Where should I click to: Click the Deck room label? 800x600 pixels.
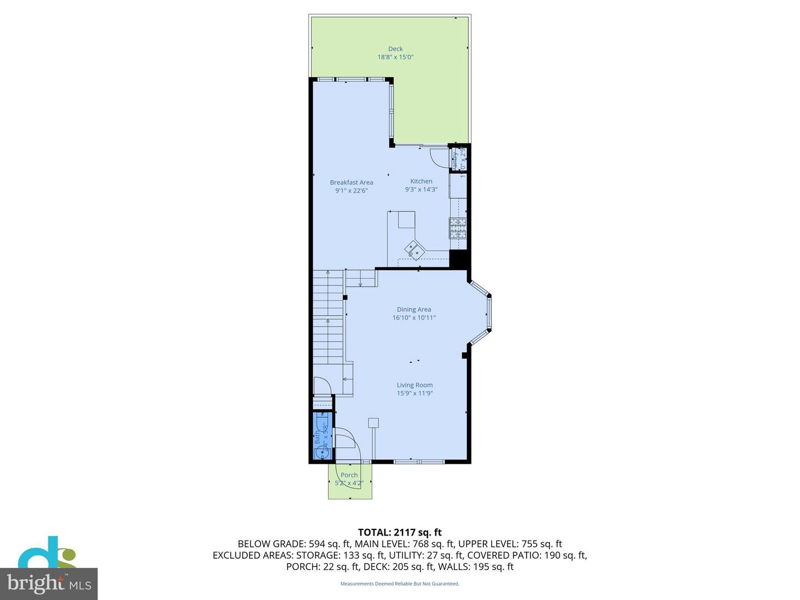[395, 49]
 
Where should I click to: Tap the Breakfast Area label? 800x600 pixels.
[351, 182]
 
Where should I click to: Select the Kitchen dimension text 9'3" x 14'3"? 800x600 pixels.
[421, 189]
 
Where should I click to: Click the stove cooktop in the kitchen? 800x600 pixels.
[458, 228]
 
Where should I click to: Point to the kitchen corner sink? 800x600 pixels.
[414, 249]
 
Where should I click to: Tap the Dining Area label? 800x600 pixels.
[414, 309]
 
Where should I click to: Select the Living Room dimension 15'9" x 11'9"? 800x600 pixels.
[414, 393]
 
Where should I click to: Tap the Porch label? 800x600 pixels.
[349, 475]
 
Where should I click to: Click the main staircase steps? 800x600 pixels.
[328, 322]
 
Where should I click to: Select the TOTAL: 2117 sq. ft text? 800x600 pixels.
[399, 533]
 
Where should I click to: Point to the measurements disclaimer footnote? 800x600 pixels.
[399, 584]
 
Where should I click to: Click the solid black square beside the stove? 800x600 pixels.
[458, 259]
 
